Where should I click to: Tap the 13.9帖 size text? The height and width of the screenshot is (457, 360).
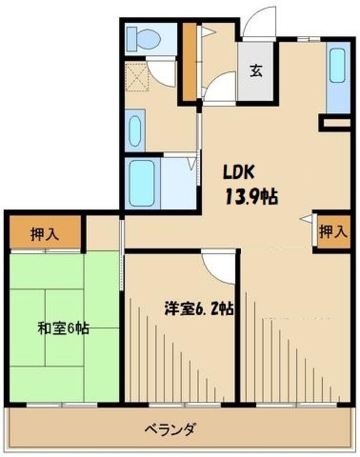(251, 196)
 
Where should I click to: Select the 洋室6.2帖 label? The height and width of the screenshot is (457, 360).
(200, 310)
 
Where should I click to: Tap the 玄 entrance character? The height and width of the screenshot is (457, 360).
(256, 71)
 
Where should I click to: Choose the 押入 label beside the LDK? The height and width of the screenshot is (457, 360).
(333, 231)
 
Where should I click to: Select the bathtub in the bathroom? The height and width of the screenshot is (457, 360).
(142, 182)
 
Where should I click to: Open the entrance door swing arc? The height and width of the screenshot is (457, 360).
(259, 23)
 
